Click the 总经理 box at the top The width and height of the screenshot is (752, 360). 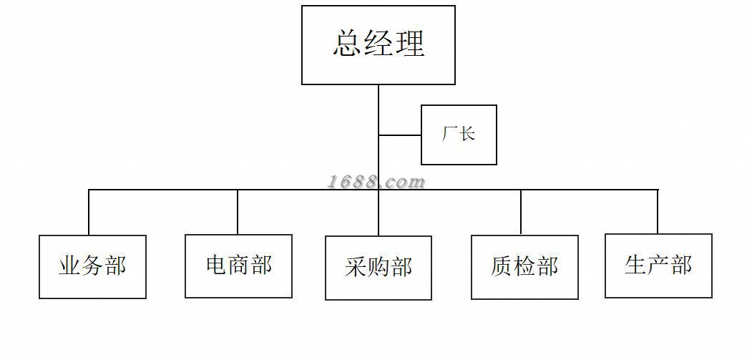pyautogui.click(x=379, y=44)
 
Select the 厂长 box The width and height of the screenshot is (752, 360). pyautogui.click(x=459, y=135)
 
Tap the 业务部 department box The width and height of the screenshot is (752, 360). pyautogui.click(x=92, y=266)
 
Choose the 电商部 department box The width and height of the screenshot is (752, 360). pyautogui.click(x=238, y=266)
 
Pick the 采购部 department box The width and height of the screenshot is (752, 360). pyautogui.click(x=379, y=268)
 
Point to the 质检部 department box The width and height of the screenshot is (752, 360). pyautogui.click(x=524, y=267)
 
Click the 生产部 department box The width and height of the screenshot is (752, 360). pyautogui.click(x=658, y=266)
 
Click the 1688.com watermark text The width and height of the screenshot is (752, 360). pyautogui.click(x=376, y=182)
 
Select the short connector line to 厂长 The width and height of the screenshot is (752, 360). pyautogui.click(x=399, y=135)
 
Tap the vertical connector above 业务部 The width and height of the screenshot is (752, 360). pyautogui.click(x=89, y=213)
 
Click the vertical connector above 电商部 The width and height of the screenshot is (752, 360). pyautogui.click(x=238, y=212)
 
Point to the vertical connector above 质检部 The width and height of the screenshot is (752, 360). pyautogui.click(x=521, y=213)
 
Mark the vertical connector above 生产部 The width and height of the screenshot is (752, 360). pyautogui.click(x=658, y=212)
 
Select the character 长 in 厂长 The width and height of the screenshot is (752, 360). pyautogui.click(x=467, y=134)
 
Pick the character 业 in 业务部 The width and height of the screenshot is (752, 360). pyautogui.click(x=69, y=266)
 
